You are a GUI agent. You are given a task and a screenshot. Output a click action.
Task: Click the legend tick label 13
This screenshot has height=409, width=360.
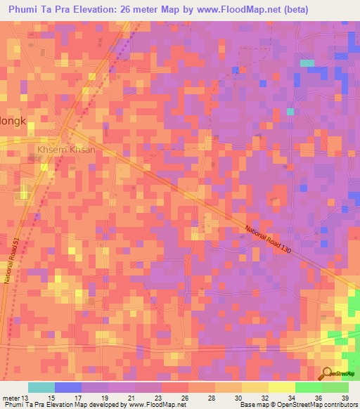pyautogui.click(x=25, y=397)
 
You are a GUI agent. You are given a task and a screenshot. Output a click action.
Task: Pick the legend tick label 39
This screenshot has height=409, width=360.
pyautogui.click(x=345, y=397)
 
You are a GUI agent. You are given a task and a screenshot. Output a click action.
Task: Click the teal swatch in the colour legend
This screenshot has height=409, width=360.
pyautogui.click(x=41, y=387)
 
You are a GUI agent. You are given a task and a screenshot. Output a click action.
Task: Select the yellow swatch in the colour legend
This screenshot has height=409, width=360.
pyautogui.click(x=282, y=387)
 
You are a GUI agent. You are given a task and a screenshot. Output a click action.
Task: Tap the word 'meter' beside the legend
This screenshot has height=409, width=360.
pyautogui.click(x=10, y=397)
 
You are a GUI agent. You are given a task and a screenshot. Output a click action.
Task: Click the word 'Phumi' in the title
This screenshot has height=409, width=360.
pyautogui.click(x=25, y=11)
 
